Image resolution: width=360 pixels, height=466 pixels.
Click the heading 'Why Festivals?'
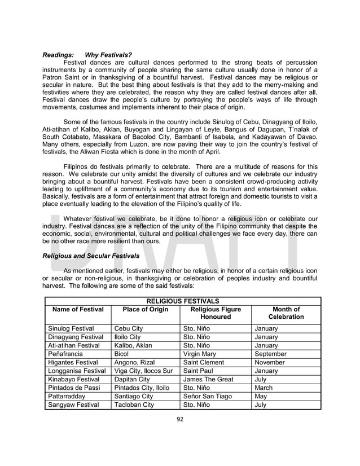tap(108, 55)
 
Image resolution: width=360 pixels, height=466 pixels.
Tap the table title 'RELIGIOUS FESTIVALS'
tap(182, 301)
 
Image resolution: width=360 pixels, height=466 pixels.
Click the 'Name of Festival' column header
tap(78, 309)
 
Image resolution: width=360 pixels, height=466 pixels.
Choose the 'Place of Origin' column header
tap(145, 309)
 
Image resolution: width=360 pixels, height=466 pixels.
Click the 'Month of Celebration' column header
tap(286, 313)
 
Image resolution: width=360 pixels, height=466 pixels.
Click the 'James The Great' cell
tap(208, 379)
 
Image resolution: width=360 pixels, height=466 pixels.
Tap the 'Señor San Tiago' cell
tap(209, 396)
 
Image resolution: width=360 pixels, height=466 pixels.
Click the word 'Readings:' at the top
tap(59, 55)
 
